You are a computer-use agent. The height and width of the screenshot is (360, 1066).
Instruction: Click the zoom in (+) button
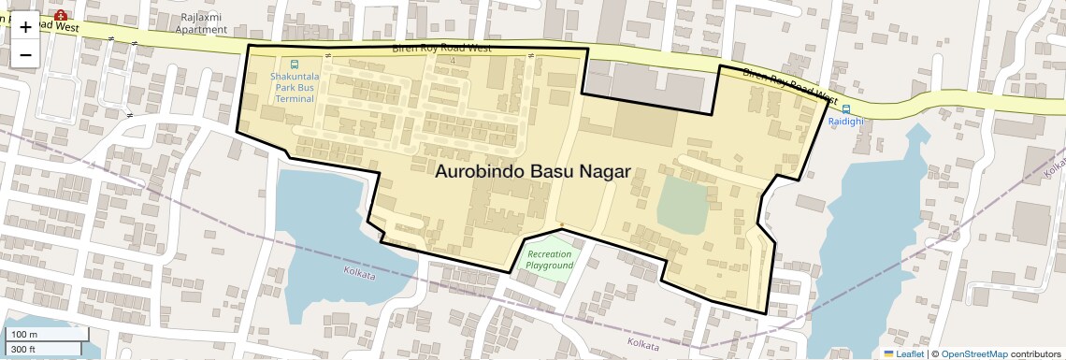click(25, 27)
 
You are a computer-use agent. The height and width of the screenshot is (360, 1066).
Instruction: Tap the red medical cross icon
click(61, 16)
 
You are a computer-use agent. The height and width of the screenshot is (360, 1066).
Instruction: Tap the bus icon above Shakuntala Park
click(295, 65)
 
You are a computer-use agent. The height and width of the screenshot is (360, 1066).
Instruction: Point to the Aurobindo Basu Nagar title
click(533, 172)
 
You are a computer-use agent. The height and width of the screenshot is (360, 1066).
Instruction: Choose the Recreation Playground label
click(549, 260)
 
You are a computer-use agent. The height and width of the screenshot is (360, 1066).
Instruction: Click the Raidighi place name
click(846, 122)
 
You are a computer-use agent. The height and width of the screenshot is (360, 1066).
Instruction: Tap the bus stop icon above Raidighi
click(846, 108)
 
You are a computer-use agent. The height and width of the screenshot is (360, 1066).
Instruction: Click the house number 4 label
click(453, 61)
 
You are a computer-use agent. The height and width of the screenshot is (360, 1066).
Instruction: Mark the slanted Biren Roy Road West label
click(790, 84)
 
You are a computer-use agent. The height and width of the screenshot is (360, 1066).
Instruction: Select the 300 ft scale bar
click(41, 349)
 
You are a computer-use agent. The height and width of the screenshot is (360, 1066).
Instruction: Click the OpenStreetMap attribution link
click(973, 353)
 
